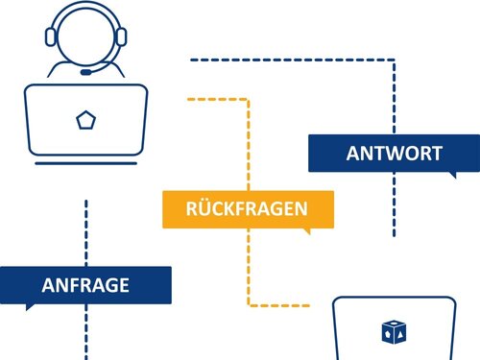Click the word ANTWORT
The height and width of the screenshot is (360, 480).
[x=394, y=154]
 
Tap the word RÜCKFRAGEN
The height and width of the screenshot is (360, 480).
[x=247, y=208]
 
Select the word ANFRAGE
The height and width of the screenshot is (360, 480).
[x=85, y=285]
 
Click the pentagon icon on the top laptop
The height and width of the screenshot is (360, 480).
[x=86, y=120]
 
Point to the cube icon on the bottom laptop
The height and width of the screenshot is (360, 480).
[x=394, y=333]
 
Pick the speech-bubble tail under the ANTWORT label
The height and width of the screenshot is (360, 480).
[x=452, y=175]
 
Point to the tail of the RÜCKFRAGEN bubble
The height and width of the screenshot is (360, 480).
[x=306, y=231]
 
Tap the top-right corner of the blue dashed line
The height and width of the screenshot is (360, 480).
[x=394, y=60]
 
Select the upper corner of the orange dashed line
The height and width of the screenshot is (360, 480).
[x=249, y=98]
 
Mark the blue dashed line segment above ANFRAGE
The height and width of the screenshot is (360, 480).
[x=86, y=230]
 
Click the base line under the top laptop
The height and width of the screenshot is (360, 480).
[x=86, y=163]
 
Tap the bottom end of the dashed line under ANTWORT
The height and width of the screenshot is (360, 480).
[x=394, y=234]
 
